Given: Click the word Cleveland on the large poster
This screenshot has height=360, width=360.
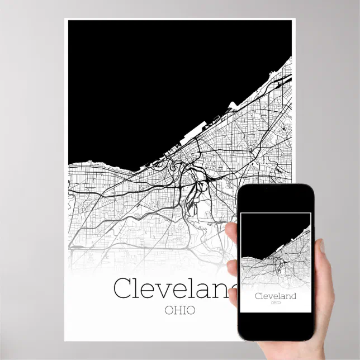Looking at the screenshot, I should [x=173, y=288].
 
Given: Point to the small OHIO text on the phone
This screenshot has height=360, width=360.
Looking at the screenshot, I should [x=275, y=302].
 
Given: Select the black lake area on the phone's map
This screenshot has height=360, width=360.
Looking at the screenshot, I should [x=268, y=229].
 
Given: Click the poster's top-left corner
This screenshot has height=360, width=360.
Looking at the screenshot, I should [x=65, y=19].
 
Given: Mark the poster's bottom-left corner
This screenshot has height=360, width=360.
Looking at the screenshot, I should [x=65, y=340].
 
